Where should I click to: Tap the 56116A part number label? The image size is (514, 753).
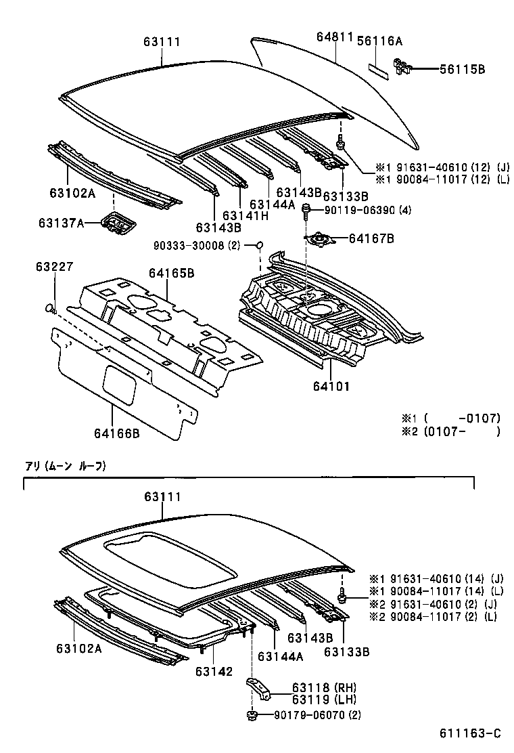point(380,41)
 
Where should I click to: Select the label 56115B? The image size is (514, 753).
point(462,69)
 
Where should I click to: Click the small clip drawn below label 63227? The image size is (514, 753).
point(50,309)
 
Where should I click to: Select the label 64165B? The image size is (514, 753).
point(172,274)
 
